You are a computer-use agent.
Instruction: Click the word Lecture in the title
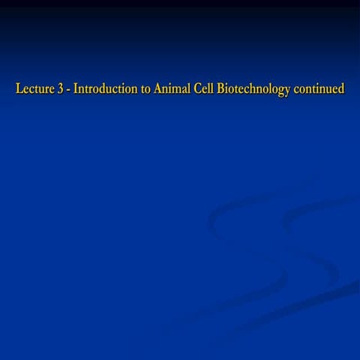point(34,89)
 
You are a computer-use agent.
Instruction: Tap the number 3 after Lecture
point(60,89)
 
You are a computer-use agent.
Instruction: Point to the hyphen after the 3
point(68,90)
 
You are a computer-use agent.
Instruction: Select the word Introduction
point(103,89)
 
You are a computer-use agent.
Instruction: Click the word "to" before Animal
point(145,90)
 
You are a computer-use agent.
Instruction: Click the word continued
point(319,89)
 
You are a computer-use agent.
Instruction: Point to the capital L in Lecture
point(19,89)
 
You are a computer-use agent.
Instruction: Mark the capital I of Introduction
point(76,89)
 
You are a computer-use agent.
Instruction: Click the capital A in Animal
point(157,89)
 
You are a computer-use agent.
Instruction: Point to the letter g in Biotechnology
point(281,91)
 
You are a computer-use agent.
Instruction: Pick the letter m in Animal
point(176,90)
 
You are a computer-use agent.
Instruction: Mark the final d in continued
point(341,89)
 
